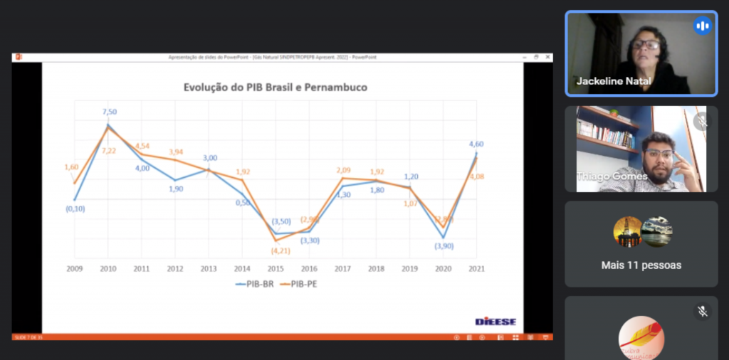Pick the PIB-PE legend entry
[299, 284]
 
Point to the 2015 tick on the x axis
[275, 268]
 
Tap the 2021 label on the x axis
[476, 268]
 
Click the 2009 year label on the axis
[75, 268]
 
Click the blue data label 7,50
[110, 112]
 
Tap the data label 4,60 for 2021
[476, 144]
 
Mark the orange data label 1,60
[71, 167]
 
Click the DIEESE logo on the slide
[495, 322]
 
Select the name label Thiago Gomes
[612, 176]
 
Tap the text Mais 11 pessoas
[641, 265]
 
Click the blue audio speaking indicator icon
[702, 26]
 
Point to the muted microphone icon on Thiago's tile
[702, 122]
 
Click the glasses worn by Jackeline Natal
[646, 45]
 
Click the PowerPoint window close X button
[547, 57]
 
